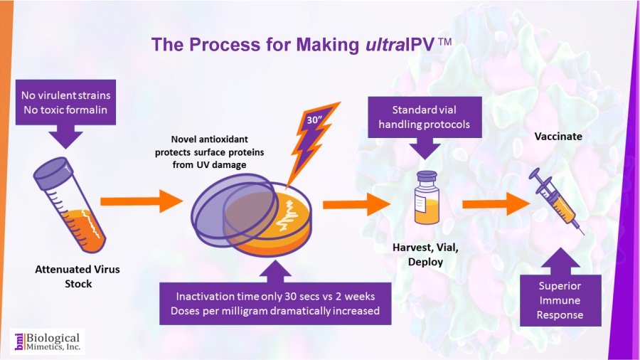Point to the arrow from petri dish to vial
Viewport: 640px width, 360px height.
pos(356,205)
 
